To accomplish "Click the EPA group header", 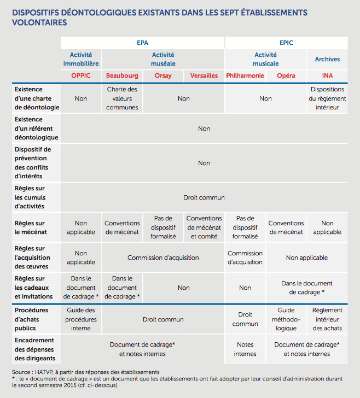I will (x=142, y=43).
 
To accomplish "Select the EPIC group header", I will (x=286, y=43).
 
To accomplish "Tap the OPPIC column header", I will (x=81, y=75).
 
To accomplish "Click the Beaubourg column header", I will (x=122, y=75).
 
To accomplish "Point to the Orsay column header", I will (x=163, y=75).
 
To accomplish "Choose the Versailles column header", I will (x=204, y=75).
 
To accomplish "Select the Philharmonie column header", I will (x=245, y=75).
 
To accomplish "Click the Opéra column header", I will (x=286, y=75).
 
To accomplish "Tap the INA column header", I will (x=327, y=75).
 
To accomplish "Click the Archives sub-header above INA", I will (x=327, y=59).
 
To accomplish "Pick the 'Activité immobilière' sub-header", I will (x=81, y=59).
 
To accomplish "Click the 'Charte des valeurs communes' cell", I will (x=122, y=98).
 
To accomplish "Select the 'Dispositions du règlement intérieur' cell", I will (x=327, y=98).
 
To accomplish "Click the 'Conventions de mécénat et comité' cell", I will (x=204, y=227).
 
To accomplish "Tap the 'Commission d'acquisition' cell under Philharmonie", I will (x=245, y=257).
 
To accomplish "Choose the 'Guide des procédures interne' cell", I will (x=81, y=319).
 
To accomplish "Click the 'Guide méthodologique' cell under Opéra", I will (x=286, y=319).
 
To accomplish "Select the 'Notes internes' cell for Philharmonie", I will (x=245, y=349).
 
